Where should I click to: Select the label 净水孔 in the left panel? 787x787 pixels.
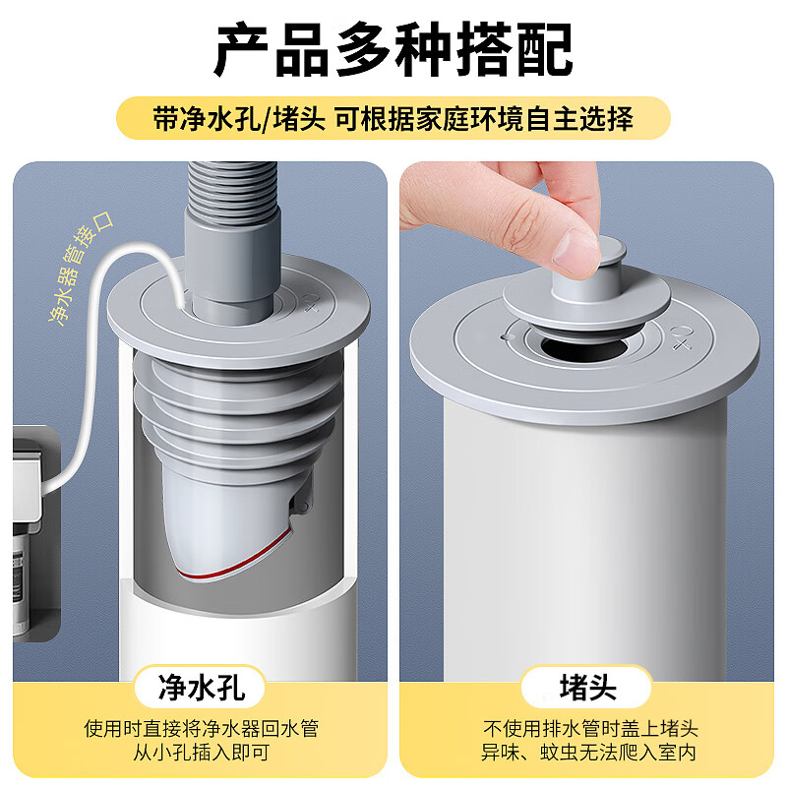201,687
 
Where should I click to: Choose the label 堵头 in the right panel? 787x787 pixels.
587,687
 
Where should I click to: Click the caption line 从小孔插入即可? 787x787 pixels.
201,754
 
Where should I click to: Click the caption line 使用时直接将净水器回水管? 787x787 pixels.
201,729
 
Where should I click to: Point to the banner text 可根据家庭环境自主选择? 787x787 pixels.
482,119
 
